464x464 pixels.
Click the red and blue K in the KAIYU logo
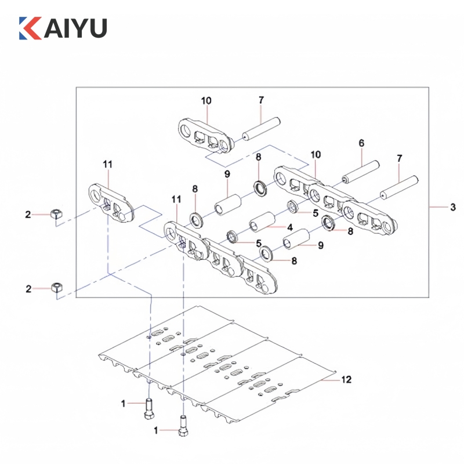[x=30, y=28]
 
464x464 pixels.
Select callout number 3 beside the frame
[x=453, y=207]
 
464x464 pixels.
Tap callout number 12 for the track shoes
[x=346, y=380]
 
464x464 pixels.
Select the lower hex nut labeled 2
[x=56, y=287]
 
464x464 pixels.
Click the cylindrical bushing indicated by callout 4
[x=262, y=224]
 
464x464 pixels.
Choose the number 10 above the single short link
[x=206, y=100]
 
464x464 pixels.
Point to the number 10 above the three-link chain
[x=316, y=155]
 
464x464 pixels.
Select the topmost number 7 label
[x=261, y=100]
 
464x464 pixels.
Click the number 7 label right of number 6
[x=398, y=158]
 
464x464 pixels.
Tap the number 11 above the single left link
[x=108, y=165]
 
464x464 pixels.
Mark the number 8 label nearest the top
[x=259, y=157]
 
